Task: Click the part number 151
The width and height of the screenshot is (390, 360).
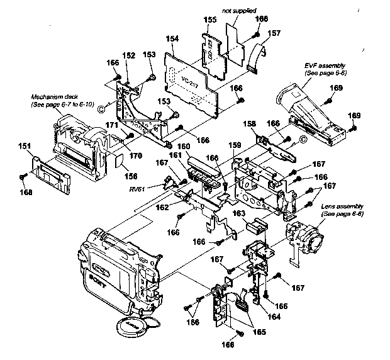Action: point(25,147)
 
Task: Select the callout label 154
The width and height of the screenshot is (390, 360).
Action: point(172,39)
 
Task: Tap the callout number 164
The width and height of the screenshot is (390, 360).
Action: point(257,317)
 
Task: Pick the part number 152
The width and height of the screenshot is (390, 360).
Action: point(129,55)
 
